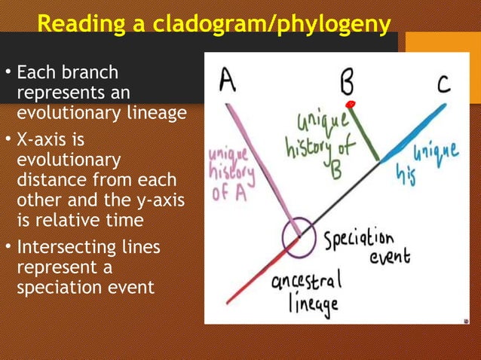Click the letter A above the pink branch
pyautogui.click(x=227, y=79)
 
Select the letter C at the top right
pyautogui.click(x=444, y=82)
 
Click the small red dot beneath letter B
pyautogui.click(x=350, y=103)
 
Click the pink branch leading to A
pyautogui.click(x=260, y=161)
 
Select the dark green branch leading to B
pyautogui.click(x=366, y=133)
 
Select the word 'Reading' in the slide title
pyautogui.click(x=78, y=24)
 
